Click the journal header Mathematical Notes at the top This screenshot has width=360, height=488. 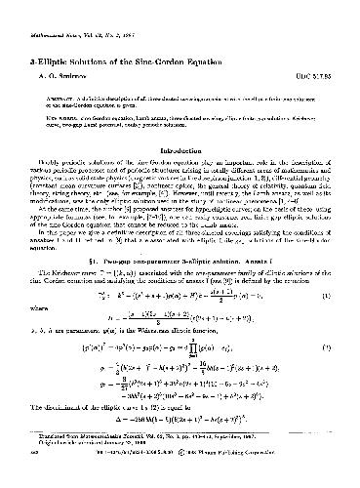58,16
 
